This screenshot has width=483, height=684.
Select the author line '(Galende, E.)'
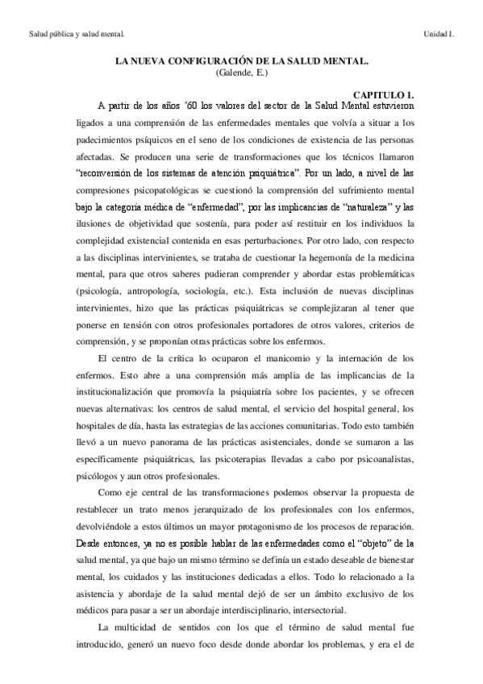click(241, 73)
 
